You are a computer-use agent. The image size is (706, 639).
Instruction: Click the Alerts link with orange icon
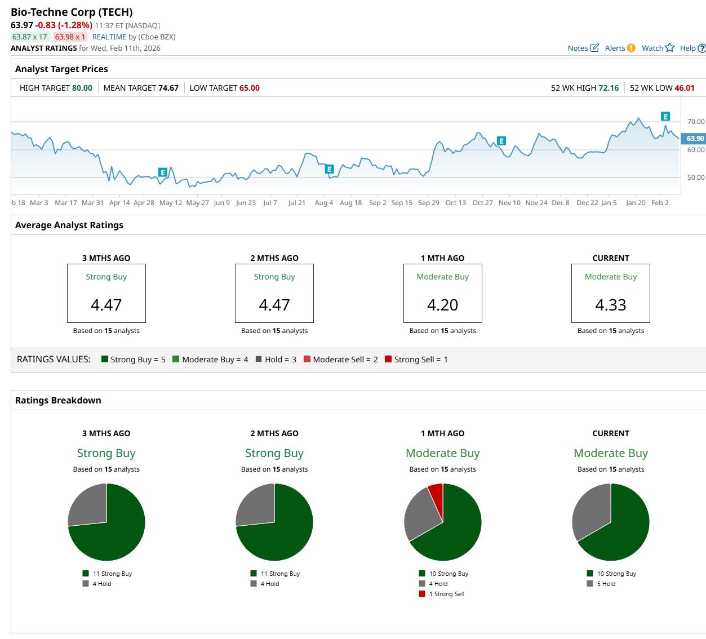pyautogui.click(x=620, y=48)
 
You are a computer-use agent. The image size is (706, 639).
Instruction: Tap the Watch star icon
pyautogui.click(x=669, y=48)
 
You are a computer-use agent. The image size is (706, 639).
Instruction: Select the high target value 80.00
pyautogui.click(x=82, y=88)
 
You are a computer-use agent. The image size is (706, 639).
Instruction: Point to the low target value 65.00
pyautogui.click(x=249, y=88)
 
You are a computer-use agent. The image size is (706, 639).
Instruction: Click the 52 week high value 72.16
pyautogui.click(x=609, y=88)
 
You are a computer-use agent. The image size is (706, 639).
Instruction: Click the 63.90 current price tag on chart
pyautogui.click(x=694, y=139)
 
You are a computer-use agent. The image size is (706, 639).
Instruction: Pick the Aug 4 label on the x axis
pyautogui.click(x=324, y=203)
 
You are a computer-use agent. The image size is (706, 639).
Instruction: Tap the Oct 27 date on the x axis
pyautogui.click(x=482, y=203)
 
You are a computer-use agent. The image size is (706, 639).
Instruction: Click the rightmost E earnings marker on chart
pyautogui.click(x=665, y=117)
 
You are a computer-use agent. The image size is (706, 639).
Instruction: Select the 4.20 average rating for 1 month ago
pyautogui.click(x=442, y=305)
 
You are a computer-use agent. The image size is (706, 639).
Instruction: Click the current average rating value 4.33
pyautogui.click(x=611, y=305)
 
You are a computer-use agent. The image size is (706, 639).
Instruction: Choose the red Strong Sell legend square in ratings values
pyautogui.click(x=388, y=359)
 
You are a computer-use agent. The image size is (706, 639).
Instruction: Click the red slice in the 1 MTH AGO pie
pyautogui.click(x=436, y=494)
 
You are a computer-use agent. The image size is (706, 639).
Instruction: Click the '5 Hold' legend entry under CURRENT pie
pyautogui.click(x=606, y=584)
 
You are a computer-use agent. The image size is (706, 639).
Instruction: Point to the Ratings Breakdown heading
pyautogui.click(x=58, y=400)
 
